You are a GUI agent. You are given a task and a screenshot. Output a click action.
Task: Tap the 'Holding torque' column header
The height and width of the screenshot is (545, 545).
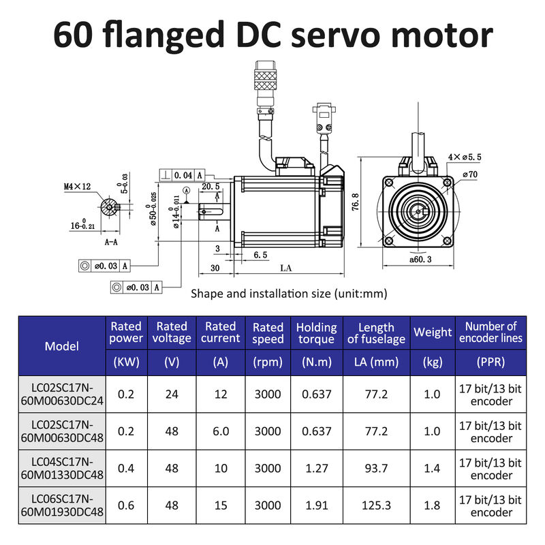pos(316,333)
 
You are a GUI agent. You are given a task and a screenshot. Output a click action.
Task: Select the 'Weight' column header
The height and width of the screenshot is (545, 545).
pos(433,332)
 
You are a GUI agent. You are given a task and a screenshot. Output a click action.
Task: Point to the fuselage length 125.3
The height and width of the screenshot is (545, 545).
pos(376,505)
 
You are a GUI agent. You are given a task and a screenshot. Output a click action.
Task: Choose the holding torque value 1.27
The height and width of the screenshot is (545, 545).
pos(316,469)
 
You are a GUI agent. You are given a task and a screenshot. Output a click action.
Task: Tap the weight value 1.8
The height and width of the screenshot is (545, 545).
pos(433,505)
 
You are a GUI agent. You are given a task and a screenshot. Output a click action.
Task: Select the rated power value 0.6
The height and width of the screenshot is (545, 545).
pos(126,505)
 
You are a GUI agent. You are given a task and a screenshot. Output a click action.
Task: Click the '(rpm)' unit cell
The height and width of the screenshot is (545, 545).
pos(268,362)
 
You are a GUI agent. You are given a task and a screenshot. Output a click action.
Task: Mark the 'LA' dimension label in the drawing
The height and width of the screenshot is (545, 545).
pos(285,268)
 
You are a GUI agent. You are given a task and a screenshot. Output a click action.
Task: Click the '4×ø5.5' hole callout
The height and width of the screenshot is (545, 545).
pos(464,157)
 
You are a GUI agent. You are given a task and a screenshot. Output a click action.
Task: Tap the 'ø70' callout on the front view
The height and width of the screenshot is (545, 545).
pos(469,174)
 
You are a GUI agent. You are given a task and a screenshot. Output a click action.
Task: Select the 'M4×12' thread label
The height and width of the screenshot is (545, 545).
pos(76,185)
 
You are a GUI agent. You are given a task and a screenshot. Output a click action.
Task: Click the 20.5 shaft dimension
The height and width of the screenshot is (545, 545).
pos(210,185)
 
